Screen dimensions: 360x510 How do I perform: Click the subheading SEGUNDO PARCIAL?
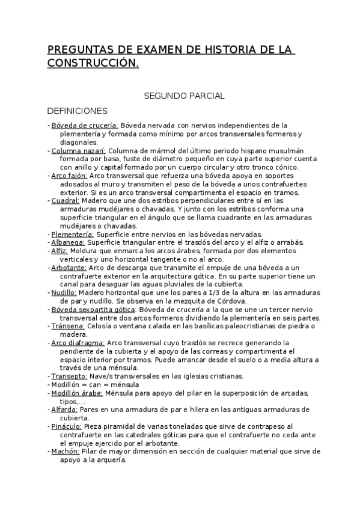pyautogui.click(x=184, y=96)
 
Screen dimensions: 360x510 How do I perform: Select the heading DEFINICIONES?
pyautogui.click(x=77, y=111)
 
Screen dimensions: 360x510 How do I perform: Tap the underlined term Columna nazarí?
pyautogui.click(x=78, y=150)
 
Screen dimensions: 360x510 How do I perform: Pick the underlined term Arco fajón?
pyautogui.click(x=69, y=176)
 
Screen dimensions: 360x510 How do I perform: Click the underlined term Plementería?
pyautogui.click(x=72, y=234)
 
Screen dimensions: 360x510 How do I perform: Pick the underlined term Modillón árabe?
pyautogui.click(x=77, y=393)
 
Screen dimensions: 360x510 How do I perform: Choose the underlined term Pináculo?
pyautogui.click(x=66, y=426)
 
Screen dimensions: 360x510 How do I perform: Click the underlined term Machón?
pyautogui.click(x=64, y=451)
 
